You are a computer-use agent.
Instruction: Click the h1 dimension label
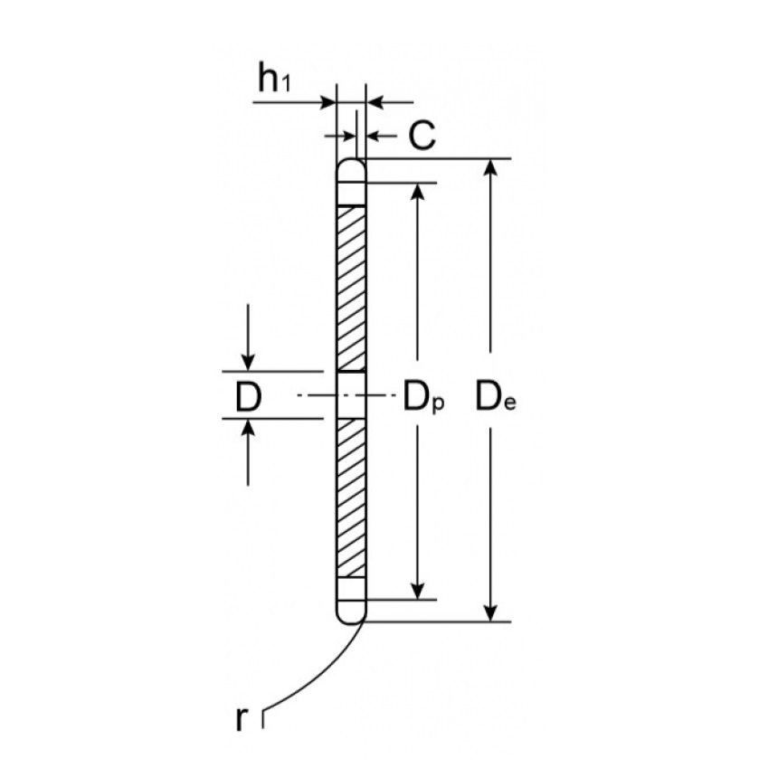point(273,79)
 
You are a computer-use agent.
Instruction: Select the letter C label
point(422,135)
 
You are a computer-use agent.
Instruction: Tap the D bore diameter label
point(248,397)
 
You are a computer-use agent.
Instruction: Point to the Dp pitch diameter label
point(423,397)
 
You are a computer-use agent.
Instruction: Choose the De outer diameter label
point(496,397)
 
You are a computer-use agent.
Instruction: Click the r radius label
point(241,718)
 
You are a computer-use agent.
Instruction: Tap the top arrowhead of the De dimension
point(490,167)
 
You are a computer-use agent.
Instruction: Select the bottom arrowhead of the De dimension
point(490,612)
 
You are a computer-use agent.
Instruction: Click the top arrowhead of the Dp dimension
point(418,192)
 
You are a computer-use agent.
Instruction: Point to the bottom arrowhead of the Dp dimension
point(418,591)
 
